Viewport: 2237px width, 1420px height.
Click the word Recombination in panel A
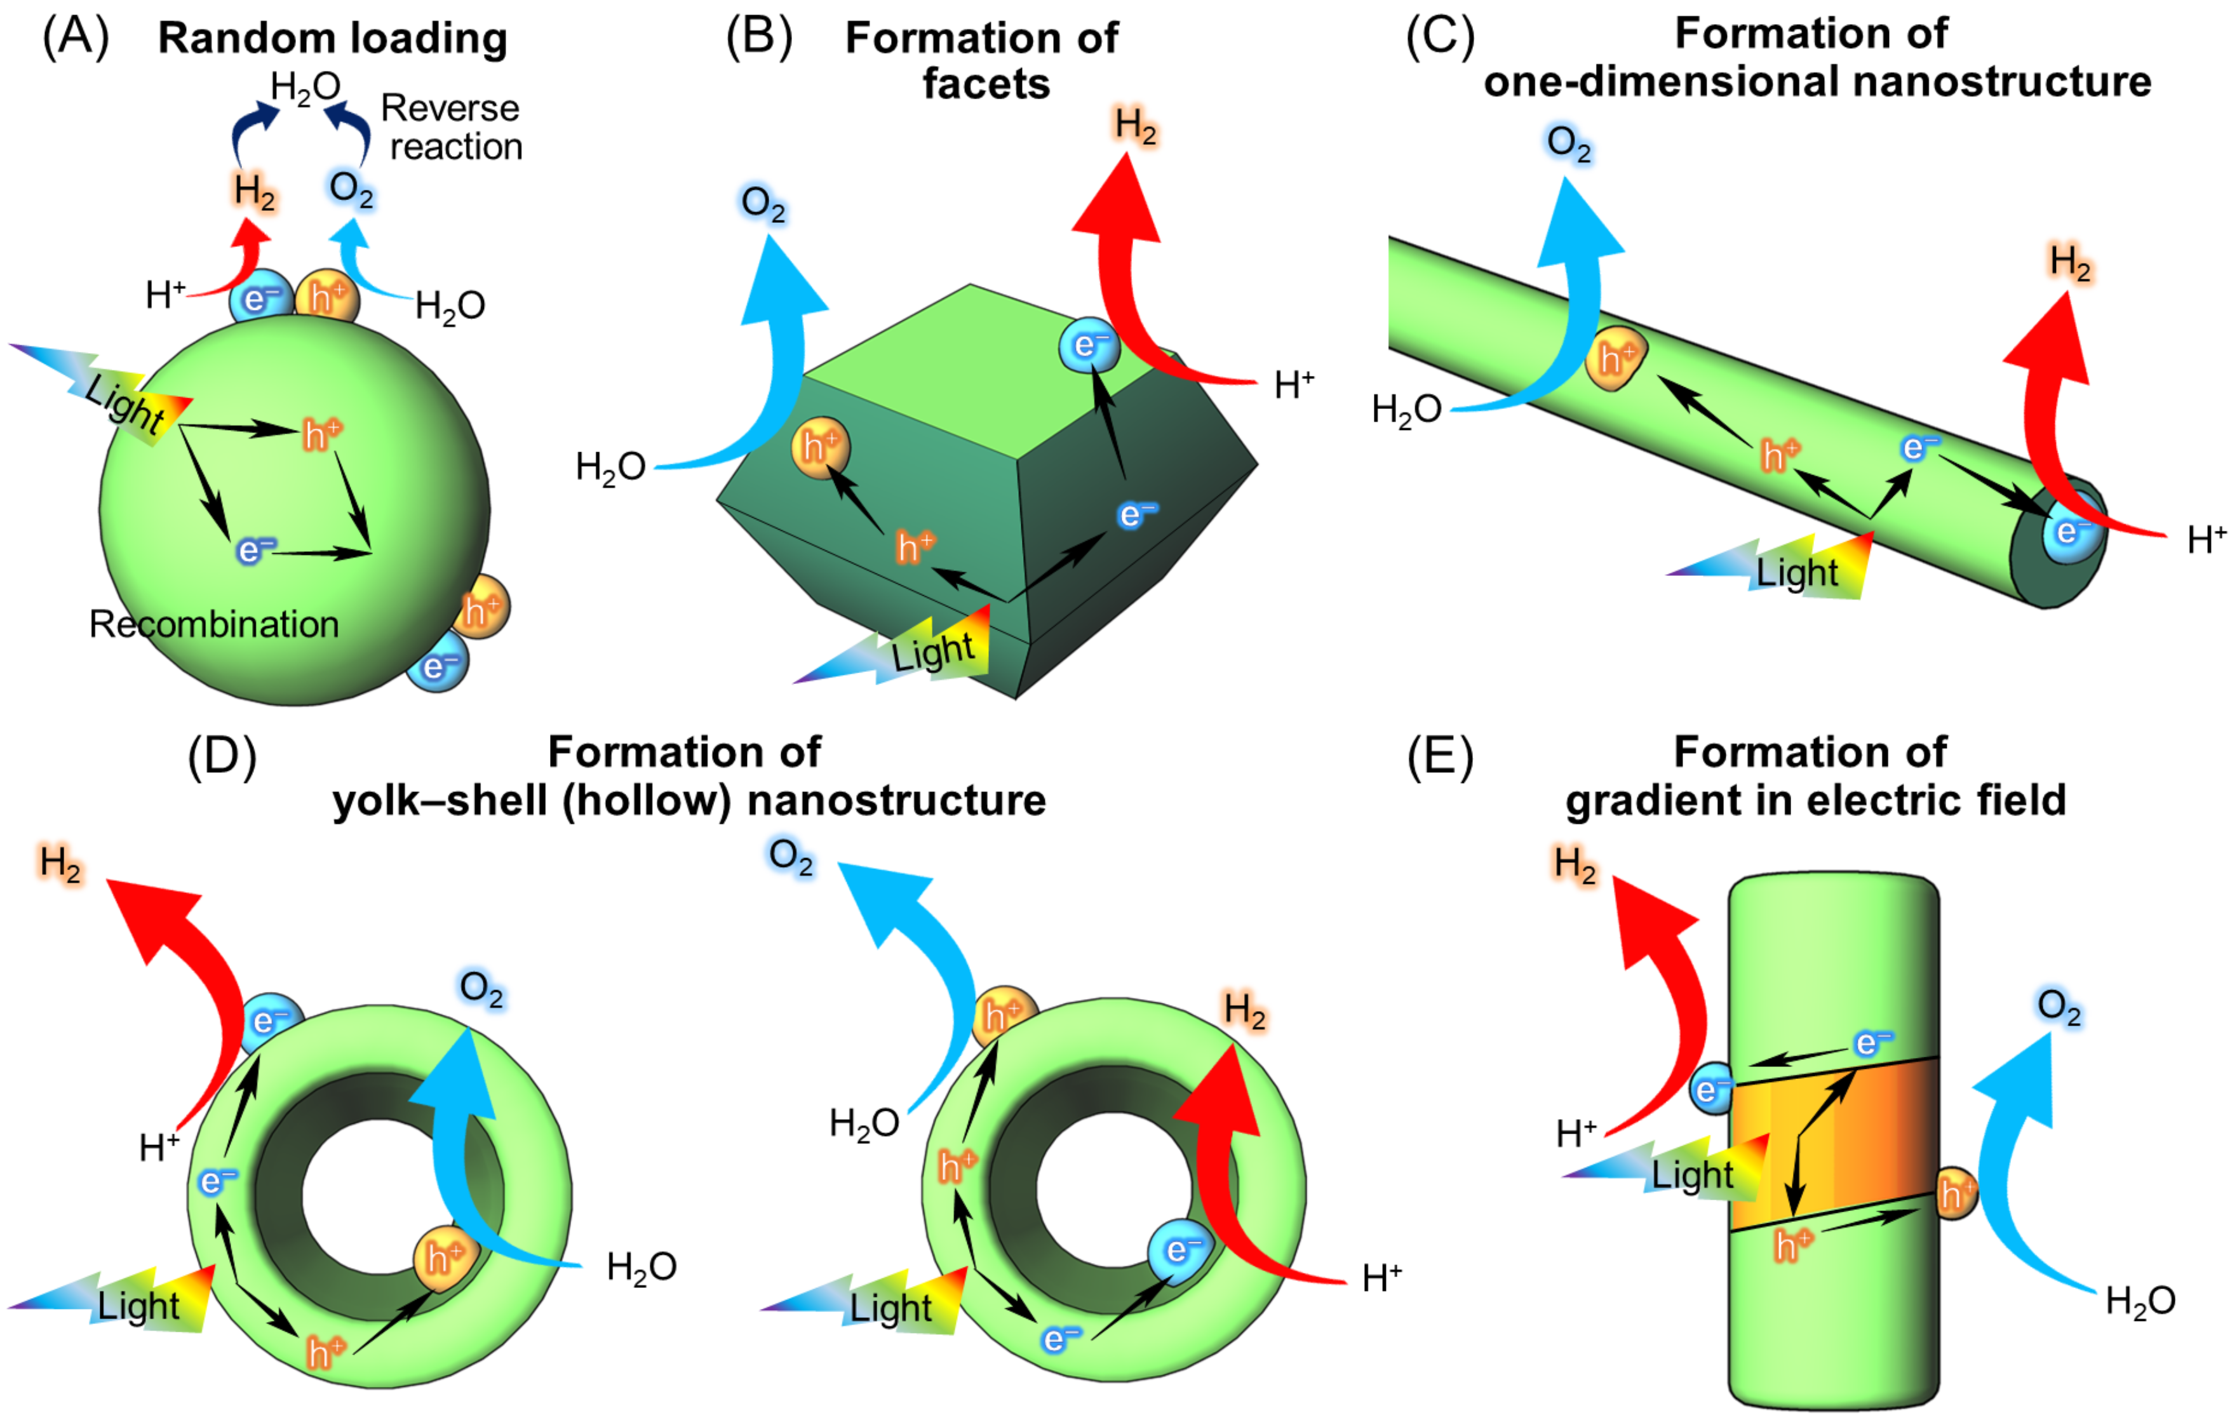pos(213,624)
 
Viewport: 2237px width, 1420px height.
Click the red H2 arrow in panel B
pos(1124,279)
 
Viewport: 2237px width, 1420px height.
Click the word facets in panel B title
pos(986,84)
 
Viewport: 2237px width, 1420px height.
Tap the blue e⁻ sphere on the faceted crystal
pos(1088,345)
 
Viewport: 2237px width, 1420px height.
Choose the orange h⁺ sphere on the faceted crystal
pos(820,448)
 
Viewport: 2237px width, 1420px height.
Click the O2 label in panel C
pos(1568,145)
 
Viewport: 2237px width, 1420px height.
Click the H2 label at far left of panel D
pos(60,864)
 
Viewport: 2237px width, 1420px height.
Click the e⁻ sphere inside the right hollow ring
pos(1181,1250)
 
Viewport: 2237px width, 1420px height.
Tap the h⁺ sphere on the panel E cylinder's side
pos(1954,1193)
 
